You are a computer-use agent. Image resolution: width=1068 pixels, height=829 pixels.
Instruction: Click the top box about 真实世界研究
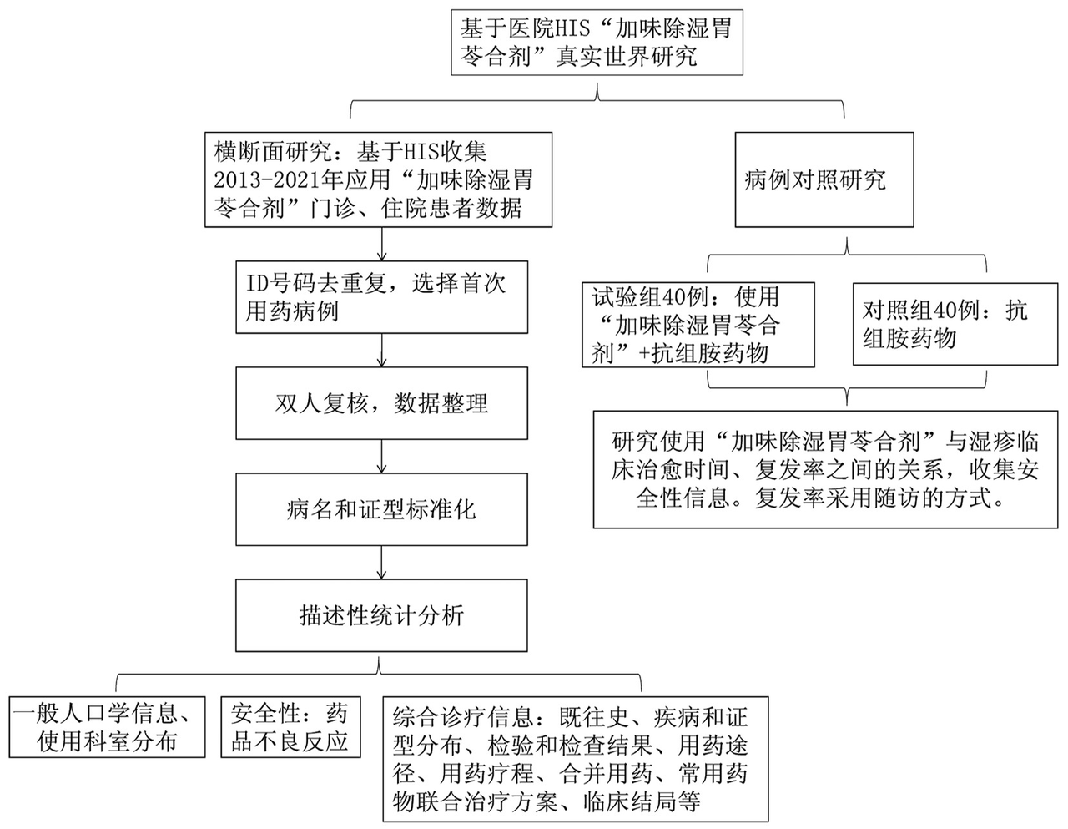point(596,43)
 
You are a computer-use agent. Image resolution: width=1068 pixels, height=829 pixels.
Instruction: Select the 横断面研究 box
point(380,178)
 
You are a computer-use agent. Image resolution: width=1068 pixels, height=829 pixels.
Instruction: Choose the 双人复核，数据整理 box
point(381,404)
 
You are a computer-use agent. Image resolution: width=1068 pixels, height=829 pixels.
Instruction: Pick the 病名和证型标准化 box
point(381,509)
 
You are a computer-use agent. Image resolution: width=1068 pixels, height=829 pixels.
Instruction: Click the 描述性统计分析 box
point(381,615)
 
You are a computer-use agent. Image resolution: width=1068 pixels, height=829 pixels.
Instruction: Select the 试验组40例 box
point(698,325)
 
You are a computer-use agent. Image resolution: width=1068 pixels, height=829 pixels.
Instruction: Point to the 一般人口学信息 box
point(106,727)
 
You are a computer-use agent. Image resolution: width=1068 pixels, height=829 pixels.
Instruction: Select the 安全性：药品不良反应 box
point(290,727)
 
